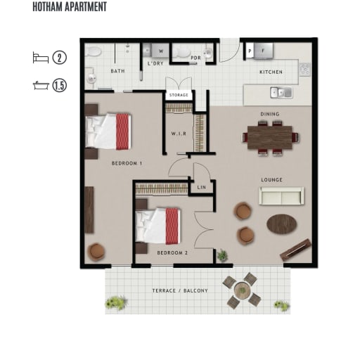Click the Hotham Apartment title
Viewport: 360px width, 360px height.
(70, 7)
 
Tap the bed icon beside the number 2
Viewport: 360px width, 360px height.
(41, 58)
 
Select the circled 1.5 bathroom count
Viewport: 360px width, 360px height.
(60, 85)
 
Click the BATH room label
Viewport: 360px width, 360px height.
(117, 71)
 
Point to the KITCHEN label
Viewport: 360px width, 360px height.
(271, 72)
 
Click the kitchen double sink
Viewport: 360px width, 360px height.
(281, 93)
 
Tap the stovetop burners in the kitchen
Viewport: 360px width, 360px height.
(305, 70)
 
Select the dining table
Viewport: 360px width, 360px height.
(270, 137)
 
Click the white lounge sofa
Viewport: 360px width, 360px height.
(281, 196)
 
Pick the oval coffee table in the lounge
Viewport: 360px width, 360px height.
(282, 224)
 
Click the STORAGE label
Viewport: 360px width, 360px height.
(179, 95)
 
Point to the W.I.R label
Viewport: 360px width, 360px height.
(179, 134)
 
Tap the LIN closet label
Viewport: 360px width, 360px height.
(202, 188)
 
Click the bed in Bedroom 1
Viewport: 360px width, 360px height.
(108, 131)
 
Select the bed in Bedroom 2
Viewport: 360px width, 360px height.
(157, 226)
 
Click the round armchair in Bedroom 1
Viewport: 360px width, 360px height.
(96, 252)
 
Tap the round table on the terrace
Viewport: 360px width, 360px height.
(243, 290)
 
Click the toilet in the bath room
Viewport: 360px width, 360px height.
(93, 51)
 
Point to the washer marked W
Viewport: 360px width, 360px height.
(160, 51)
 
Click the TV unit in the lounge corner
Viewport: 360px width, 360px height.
(296, 250)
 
